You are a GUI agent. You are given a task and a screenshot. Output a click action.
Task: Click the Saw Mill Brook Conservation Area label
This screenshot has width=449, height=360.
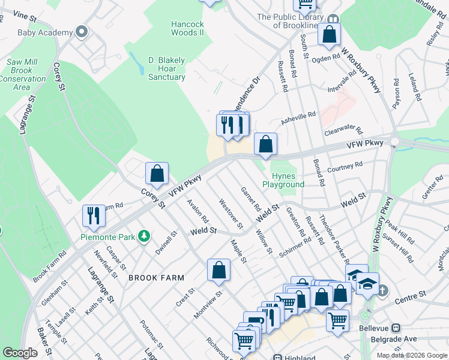tap(22, 74)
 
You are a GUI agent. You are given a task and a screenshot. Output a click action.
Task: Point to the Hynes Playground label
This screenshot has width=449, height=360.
tap(283, 180)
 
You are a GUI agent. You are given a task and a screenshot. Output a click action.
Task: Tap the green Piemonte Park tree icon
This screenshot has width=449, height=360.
tap(143, 236)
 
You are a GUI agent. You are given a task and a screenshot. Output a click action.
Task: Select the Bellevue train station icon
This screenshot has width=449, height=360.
tap(396, 328)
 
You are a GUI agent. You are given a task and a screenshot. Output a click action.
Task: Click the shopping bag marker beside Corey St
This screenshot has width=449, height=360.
tap(157, 174)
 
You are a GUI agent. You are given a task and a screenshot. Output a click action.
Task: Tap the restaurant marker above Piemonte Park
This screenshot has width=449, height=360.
tap(94, 216)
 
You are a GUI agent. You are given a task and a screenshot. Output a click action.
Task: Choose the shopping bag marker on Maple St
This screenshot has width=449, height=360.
tap(219, 271)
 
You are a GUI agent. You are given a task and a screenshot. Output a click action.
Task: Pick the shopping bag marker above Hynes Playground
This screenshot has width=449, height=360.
tap(265, 145)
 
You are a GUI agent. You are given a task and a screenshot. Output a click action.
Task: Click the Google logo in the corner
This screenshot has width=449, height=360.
tap(20, 352)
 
